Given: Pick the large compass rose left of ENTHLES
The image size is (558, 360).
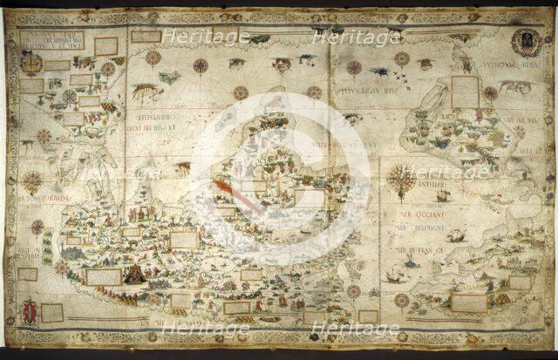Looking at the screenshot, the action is click(402, 178).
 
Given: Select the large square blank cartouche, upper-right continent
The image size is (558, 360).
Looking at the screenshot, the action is click(465, 91).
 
